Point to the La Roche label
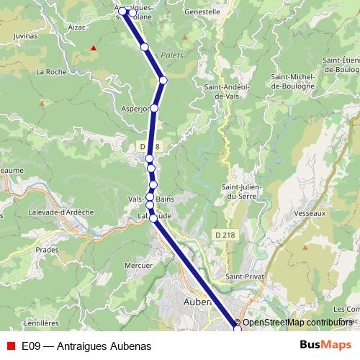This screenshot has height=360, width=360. click(x=50, y=72)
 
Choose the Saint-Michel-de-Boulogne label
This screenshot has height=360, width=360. click(x=292, y=81)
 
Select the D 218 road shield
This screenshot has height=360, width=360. click(x=225, y=235)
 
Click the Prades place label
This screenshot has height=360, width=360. click(x=47, y=250)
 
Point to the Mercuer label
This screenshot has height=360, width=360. click(x=139, y=265)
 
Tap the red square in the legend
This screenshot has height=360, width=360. click(x=11, y=346)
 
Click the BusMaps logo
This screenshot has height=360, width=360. click(x=325, y=345)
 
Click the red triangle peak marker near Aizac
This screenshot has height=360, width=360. click(x=93, y=48)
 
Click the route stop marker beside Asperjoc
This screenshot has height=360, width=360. click(x=154, y=108)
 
